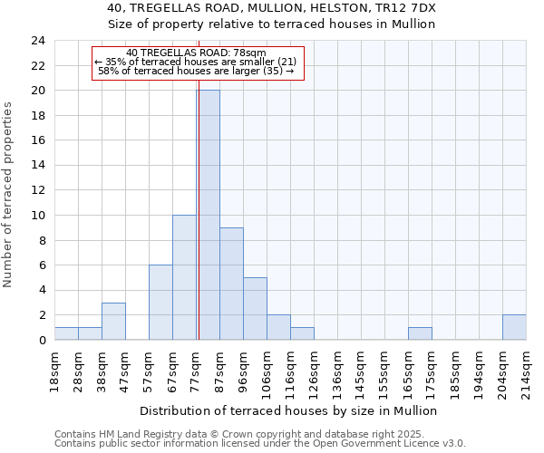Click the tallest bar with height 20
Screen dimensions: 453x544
pyautogui.click(x=208, y=215)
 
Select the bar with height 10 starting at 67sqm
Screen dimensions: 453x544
pyautogui.click(x=184, y=277)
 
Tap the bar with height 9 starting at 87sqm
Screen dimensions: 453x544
pyautogui.click(x=231, y=284)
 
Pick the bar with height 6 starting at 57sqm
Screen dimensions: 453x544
pyautogui.click(x=160, y=303)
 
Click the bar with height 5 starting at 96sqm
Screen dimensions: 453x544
pyautogui.click(x=255, y=309)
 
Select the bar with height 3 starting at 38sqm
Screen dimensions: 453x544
pyautogui.click(x=113, y=321)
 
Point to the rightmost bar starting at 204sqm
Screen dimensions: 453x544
pyautogui.click(x=514, y=327)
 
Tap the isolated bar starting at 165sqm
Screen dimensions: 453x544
pyautogui.click(x=420, y=333)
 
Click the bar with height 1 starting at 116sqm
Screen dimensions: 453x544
pyautogui.click(x=302, y=333)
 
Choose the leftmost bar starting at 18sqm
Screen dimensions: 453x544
pyautogui.click(x=66, y=333)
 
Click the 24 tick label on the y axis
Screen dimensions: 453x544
pyautogui.click(x=37, y=41)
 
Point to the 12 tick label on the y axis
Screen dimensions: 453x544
pyautogui.click(x=37, y=190)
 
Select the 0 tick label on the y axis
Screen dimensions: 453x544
pyautogui.click(x=41, y=340)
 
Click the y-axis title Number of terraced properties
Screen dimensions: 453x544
pyautogui.click(x=8, y=194)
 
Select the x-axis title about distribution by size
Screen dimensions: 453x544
pyautogui.click(x=290, y=410)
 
